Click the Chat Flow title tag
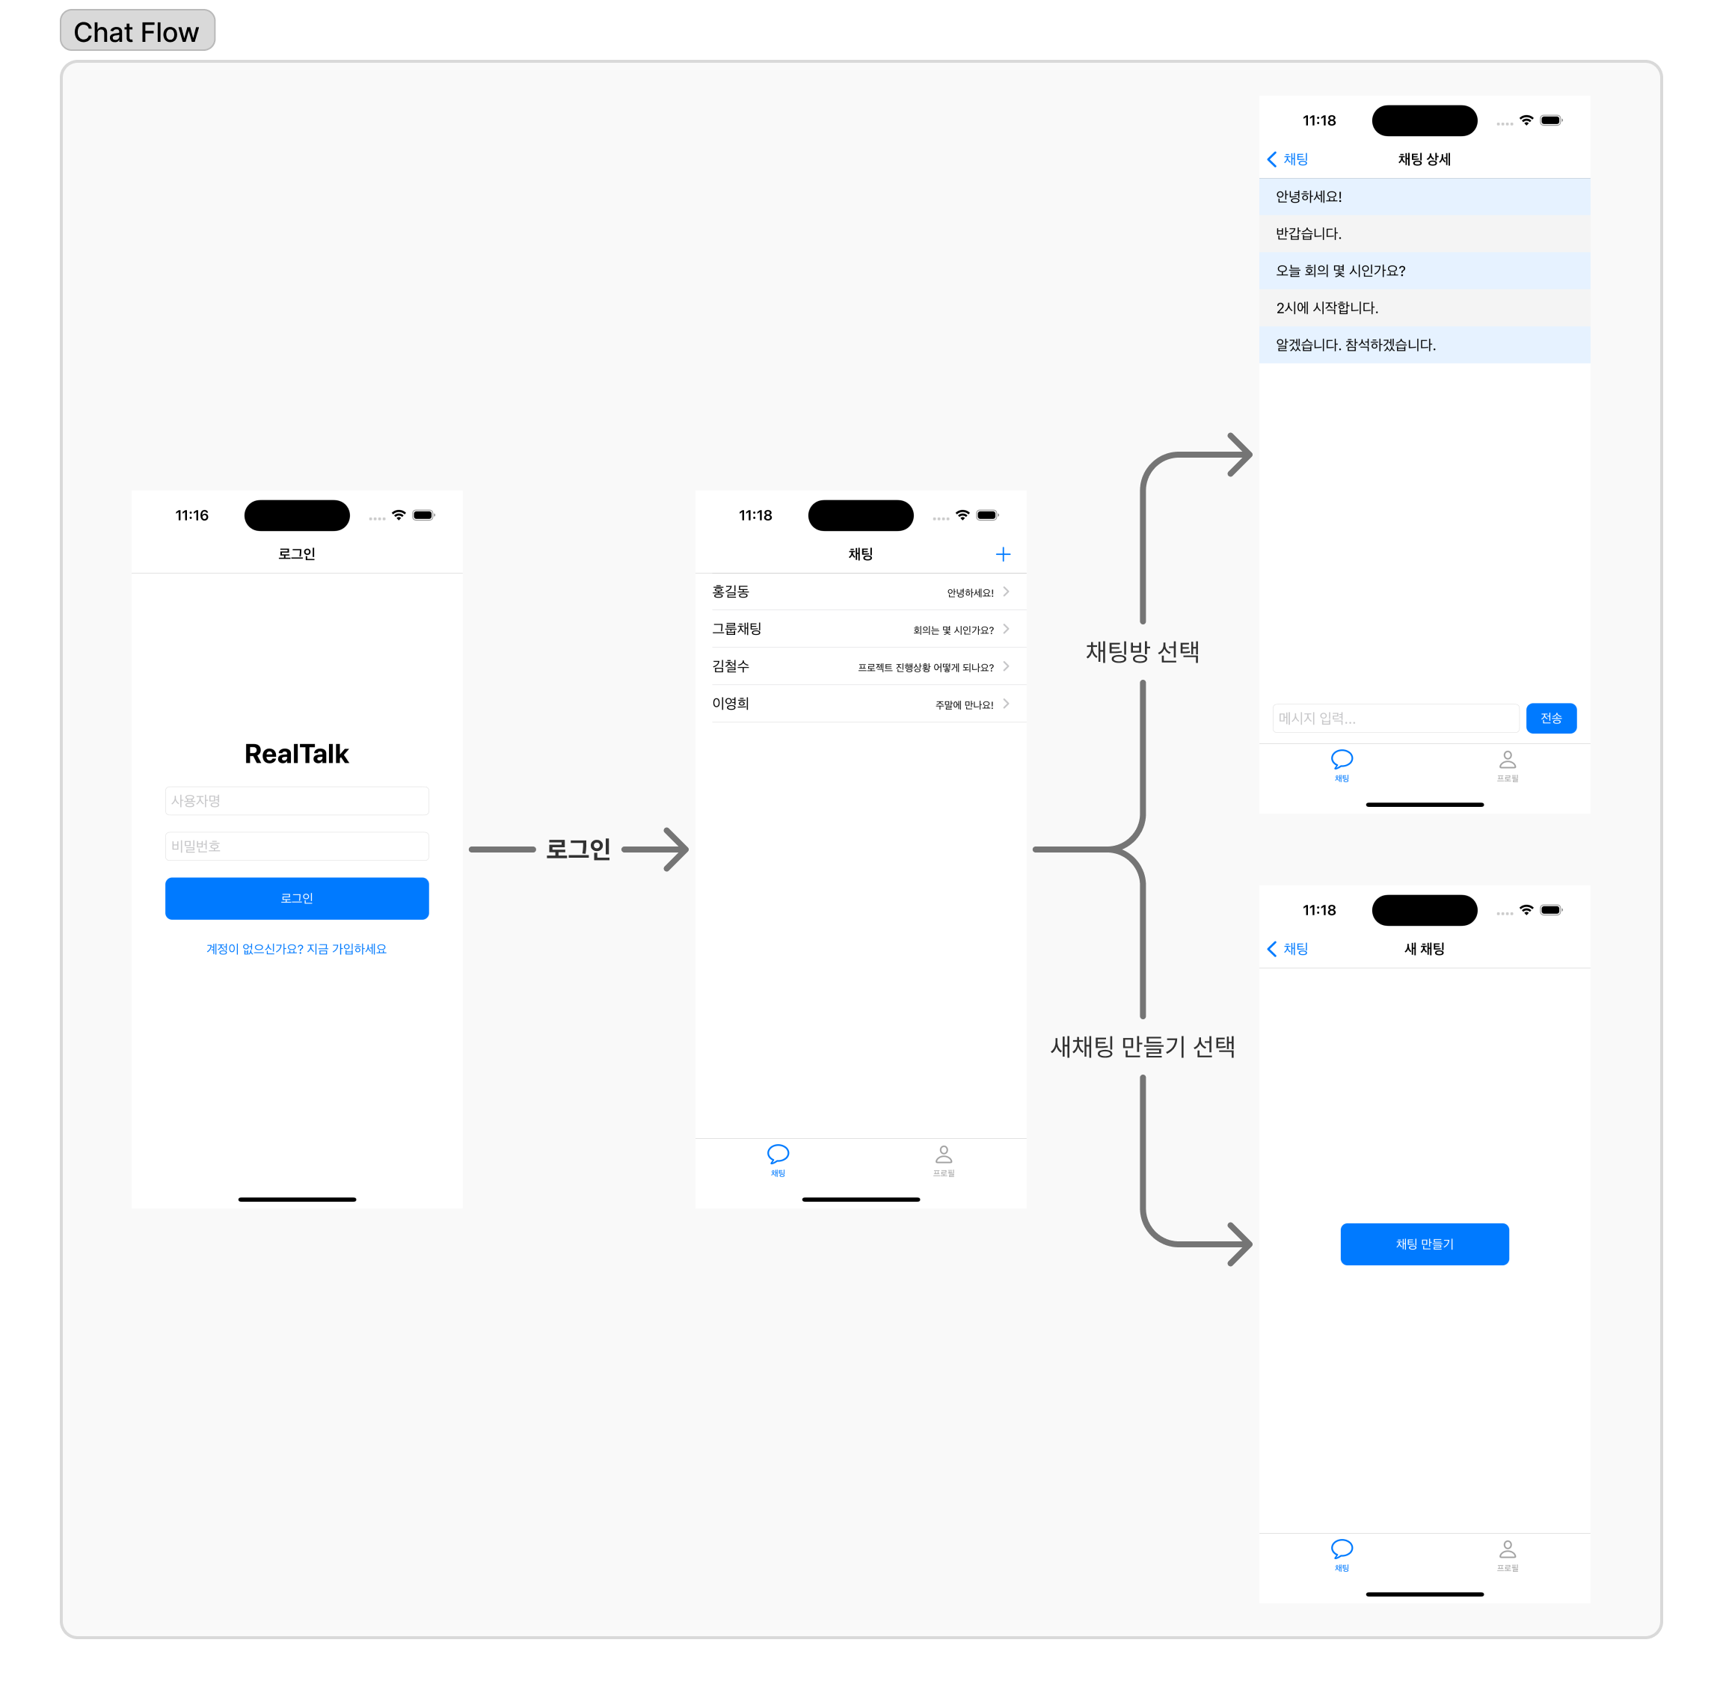pos(136,31)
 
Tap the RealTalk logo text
pos(296,754)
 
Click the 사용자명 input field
pos(296,801)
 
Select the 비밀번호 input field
pos(296,846)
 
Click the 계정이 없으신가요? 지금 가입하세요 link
pos(296,949)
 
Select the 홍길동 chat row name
pos(731,592)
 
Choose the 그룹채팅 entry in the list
pos(737,629)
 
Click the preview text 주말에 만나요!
pos(964,704)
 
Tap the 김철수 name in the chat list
pos(731,666)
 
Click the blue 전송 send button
pos(1551,718)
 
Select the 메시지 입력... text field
pos(1395,718)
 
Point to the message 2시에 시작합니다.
pos(1327,307)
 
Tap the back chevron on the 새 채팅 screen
pos(1273,949)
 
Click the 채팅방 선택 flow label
pos(1143,652)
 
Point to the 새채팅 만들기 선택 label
pos(1143,1046)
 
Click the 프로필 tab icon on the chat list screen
pos(944,1156)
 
